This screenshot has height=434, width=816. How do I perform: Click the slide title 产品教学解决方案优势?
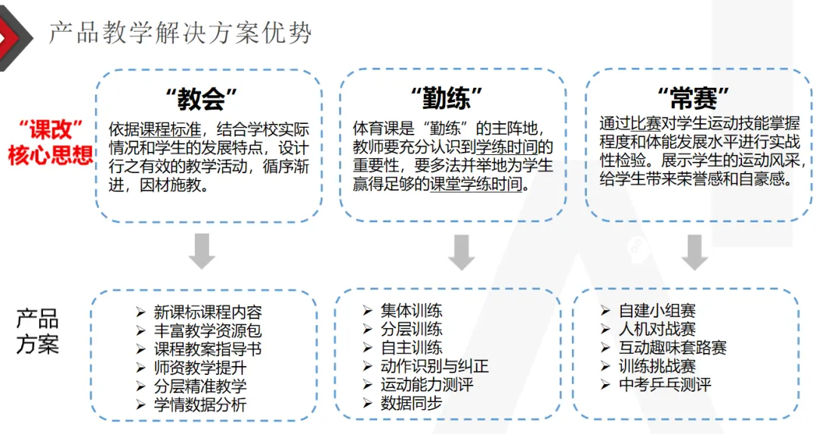click(180, 33)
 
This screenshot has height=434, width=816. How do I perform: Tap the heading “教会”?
click(202, 98)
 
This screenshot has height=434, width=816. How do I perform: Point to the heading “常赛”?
click(694, 98)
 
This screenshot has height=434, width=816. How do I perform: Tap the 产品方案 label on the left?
click(37, 331)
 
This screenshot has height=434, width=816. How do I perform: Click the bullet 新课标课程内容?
click(208, 312)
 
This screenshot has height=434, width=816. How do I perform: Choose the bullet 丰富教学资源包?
click(208, 330)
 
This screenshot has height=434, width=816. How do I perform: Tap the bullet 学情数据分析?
click(200, 405)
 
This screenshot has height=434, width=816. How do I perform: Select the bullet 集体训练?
click(412, 311)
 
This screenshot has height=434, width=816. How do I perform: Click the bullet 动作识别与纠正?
click(434, 367)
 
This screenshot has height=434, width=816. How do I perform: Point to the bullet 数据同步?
click(412, 404)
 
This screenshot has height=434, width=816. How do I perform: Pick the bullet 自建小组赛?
click(657, 311)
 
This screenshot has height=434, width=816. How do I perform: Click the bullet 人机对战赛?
click(657, 329)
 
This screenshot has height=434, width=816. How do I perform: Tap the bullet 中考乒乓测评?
click(664, 384)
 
